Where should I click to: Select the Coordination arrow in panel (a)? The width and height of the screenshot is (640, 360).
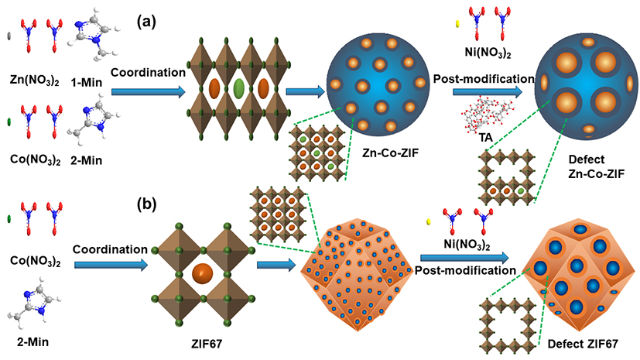[x=148, y=91]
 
